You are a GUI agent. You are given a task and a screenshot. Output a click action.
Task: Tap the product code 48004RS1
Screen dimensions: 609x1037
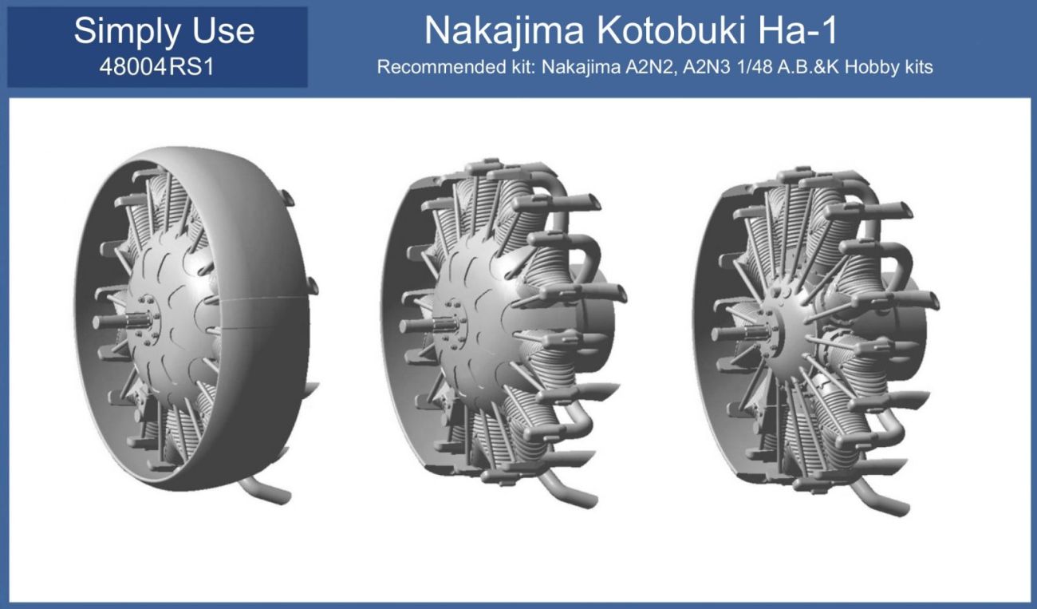(x=156, y=66)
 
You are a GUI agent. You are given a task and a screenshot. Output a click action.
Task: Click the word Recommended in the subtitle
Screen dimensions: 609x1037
(x=432, y=66)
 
